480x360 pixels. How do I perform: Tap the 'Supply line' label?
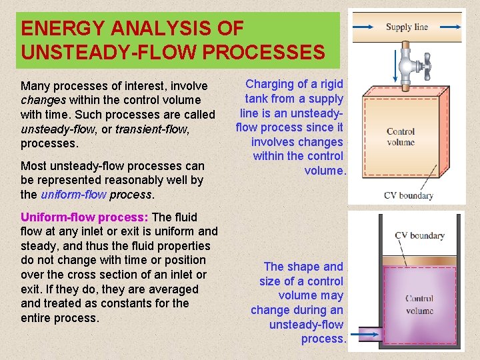pyautogui.click(x=407, y=27)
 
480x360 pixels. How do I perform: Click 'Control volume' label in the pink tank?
pyautogui.click(x=400, y=137)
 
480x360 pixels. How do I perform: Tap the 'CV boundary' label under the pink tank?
pyautogui.click(x=409, y=195)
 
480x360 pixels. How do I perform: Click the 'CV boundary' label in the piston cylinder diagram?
pyautogui.click(x=419, y=235)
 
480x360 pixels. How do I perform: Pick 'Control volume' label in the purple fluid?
pyautogui.click(x=419, y=305)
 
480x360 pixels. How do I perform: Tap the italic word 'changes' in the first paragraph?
pyautogui.click(x=43, y=100)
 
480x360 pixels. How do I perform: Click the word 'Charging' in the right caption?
pyautogui.click(x=269, y=84)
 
